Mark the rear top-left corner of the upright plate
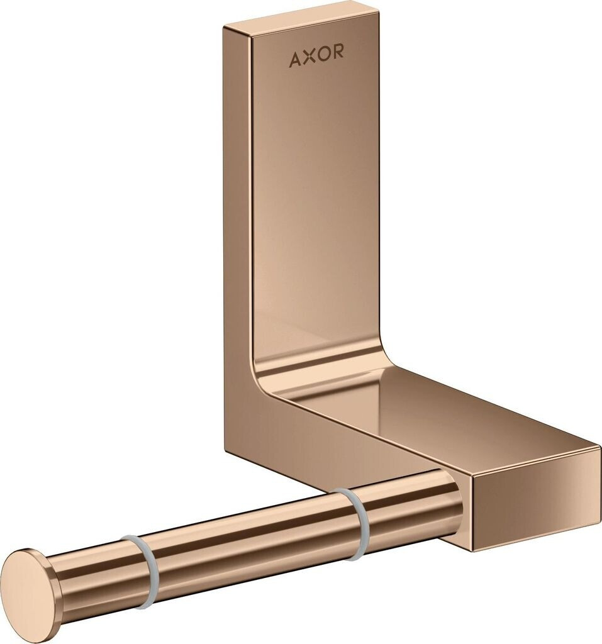225,28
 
